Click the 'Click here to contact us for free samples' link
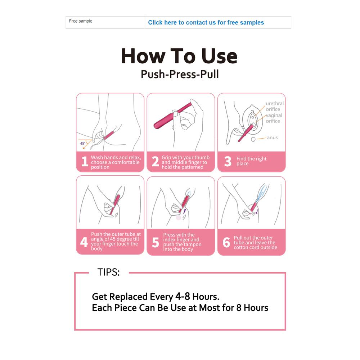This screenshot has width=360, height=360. (206, 22)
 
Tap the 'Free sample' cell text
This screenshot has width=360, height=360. (81, 21)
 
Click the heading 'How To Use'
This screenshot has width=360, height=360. (179, 56)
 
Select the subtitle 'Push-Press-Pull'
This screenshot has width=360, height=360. (180, 74)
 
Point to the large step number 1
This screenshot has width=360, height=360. (85, 161)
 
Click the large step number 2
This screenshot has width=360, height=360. (156, 161)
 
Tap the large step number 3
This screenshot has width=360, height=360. (228, 161)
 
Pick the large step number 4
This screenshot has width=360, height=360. (84, 242)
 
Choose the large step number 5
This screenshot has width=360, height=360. (156, 242)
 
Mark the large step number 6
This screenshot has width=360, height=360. (226, 242)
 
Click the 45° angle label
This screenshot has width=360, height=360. (83, 144)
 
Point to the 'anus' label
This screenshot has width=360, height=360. (272, 138)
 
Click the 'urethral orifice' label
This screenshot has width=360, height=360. (275, 106)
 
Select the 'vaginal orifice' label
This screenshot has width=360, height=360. (274, 118)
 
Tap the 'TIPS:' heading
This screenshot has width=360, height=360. (109, 272)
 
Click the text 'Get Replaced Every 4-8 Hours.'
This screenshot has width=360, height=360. (156, 297)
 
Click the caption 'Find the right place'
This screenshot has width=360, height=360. (251, 161)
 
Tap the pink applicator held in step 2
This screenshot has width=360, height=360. (172, 116)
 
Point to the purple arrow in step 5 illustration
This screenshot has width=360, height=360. (185, 211)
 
